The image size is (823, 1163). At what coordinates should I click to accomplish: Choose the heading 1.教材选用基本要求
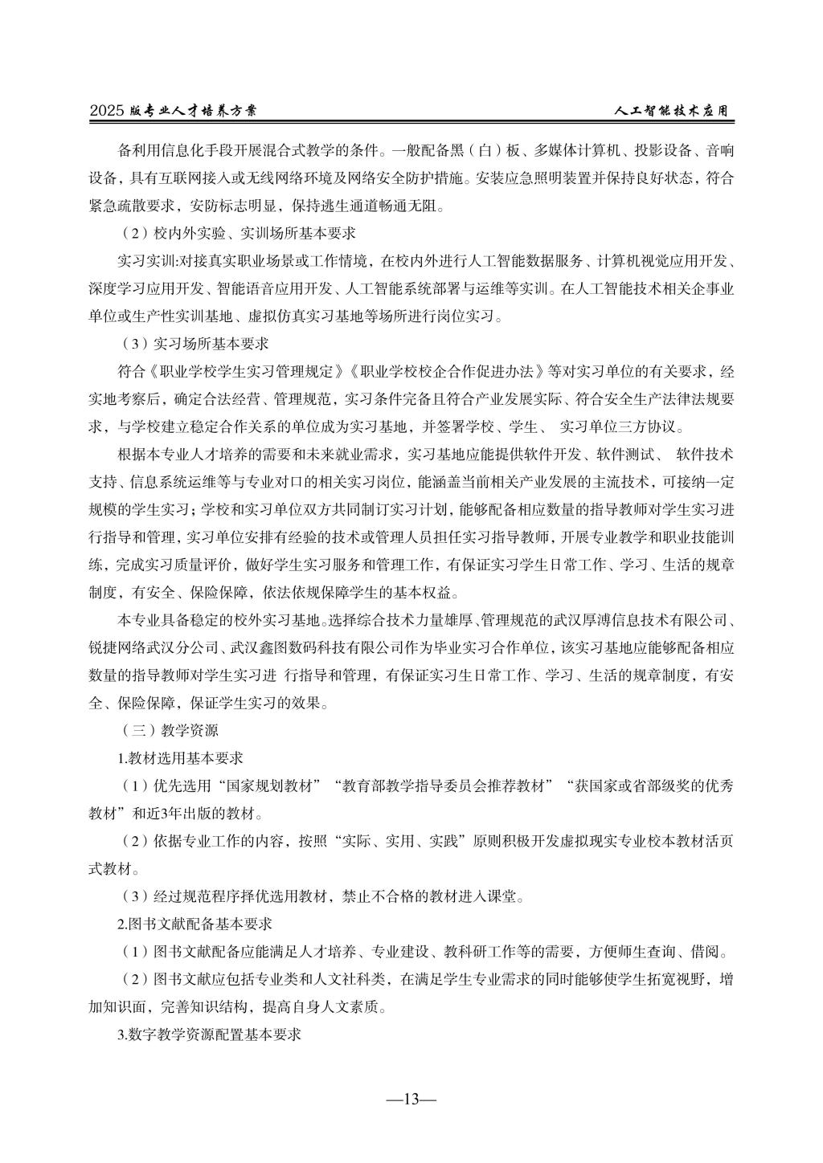coord(181,757)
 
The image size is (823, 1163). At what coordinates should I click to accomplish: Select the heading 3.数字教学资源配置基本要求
coord(209,1034)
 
